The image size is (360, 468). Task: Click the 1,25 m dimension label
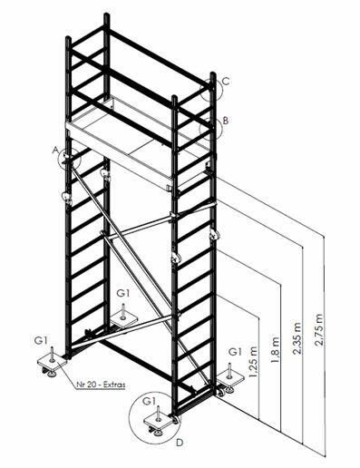coord(253,361)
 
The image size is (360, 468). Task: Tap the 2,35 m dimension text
coord(297,337)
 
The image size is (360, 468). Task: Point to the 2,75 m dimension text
coord(318,329)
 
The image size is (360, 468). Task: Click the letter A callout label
coord(54,150)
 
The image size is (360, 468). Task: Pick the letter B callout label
coord(226,121)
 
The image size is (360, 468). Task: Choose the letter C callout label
coord(226,82)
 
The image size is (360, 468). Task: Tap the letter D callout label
coord(180,443)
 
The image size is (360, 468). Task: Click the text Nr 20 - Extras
coord(101,385)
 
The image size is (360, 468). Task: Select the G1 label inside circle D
coord(150,401)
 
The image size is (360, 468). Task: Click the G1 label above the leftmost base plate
coord(41,340)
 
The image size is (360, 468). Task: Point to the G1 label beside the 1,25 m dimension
coord(235,352)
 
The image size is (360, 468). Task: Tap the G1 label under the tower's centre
coord(123,293)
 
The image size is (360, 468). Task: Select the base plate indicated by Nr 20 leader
coord(52,361)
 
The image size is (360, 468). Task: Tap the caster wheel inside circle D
coord(175,420)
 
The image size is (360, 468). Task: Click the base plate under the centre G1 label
coord(123,319)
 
